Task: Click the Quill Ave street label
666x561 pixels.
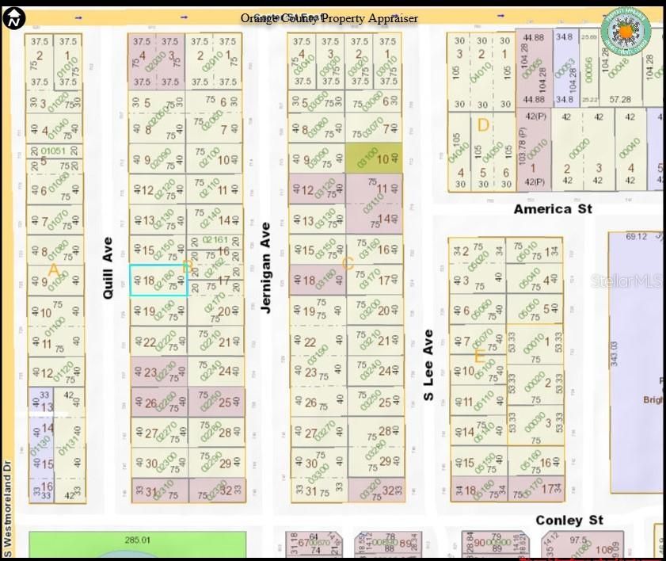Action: (108, 267)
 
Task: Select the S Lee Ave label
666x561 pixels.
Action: (428, 364)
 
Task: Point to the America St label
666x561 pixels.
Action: (553, 209)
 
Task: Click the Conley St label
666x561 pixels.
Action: (569, 520)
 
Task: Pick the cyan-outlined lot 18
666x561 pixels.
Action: (158, 280)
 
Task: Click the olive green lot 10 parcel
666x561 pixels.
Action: (373, 158)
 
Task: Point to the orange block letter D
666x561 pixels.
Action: (483, 125)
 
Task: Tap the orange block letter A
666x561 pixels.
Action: (54, 270)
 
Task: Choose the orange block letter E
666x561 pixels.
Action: (479, 357)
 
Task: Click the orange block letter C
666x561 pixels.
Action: (348, 264)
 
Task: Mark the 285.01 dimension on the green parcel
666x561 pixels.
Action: (136, 540)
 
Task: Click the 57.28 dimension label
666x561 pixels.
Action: (620, 100)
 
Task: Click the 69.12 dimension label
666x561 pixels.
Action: (636, 237)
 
